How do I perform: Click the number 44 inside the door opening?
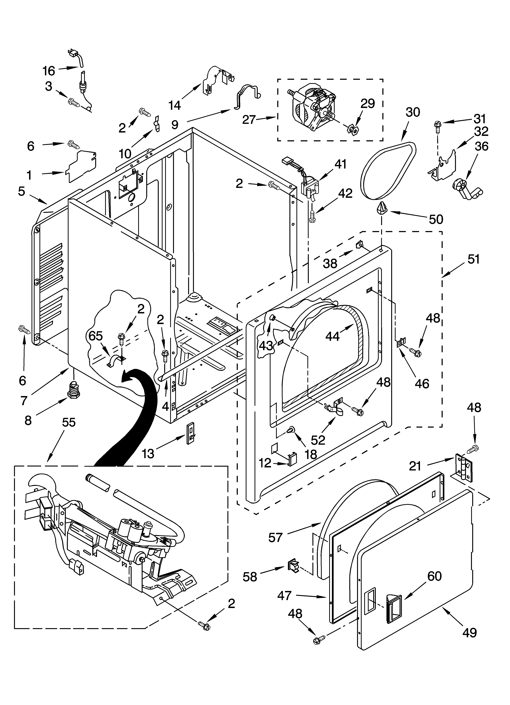333,336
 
